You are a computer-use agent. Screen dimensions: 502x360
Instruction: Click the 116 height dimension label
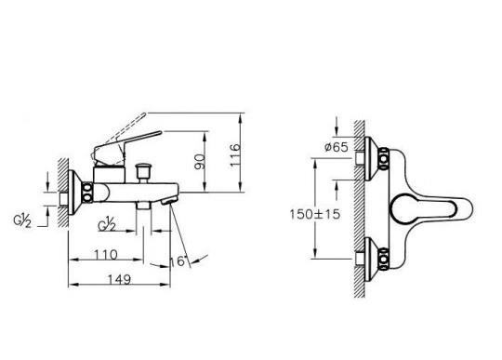[x=234, y=155]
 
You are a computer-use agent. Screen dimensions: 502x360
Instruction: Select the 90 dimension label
[x=199, y=162]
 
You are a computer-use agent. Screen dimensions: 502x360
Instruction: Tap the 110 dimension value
[x=106, y=255]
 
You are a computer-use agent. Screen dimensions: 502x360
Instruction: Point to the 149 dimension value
[x=119, y=280]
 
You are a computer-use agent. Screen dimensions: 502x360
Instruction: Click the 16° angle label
[x=178, y=261]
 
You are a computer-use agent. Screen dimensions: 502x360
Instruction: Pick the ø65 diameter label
[x=336, y=147]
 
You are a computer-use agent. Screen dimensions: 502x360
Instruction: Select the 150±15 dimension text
[x=315, y=214]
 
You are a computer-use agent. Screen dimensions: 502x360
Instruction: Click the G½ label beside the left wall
[x=22, y=221]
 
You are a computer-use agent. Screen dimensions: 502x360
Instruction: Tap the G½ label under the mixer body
[x=107, y=224]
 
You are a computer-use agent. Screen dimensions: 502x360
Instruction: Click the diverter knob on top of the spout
[x=143, y=173]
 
